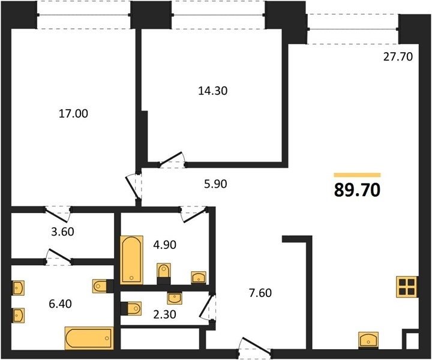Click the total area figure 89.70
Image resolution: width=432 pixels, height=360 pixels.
pyautogui.click(x=358, y=190)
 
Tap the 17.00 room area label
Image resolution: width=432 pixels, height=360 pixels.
pyautogui.click(x=73, y=113)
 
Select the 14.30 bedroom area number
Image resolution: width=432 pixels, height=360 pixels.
pyautogui.click(x=212, y=91)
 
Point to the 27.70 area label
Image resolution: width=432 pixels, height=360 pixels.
pyautogui.click(x=398, y=56)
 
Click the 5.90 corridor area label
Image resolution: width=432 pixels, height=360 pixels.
pyautogui.click(x=215, y=184)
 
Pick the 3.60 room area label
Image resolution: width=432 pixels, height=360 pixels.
pyautogui.click(x=62, y=232)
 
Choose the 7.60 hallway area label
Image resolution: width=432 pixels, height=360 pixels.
pyautogui.click(x=260, y=293)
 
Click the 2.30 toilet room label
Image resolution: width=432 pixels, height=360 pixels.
pyautogui.click(x=164, y=314)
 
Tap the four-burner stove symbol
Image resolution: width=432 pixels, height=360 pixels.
pyautogui.click(x=407, y=287)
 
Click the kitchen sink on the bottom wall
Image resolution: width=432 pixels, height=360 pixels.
pyautogui.click(x=368, y=340)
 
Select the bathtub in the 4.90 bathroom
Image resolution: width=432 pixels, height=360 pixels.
pyautogui.click(x=131, y=260)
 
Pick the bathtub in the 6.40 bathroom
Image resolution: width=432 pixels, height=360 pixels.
pyautogui.click(x=89, y=338)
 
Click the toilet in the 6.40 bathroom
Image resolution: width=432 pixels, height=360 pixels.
pyautogui.click(x=101, y=286)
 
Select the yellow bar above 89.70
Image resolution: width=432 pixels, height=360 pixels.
pyautogui.click(x=358, y=175)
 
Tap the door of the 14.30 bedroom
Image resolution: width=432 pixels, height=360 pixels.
pyautogui.click(x=172, y=160)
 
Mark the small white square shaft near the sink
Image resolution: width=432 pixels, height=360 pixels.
pyautogui.click(x=412, y=341)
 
